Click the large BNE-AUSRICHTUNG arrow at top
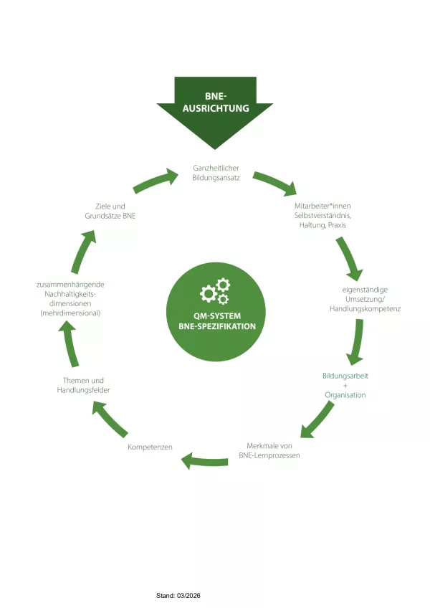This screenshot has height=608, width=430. click(214, 108)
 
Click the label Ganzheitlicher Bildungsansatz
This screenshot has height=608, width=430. click(214, 172)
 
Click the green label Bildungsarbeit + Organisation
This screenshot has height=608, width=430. click(345, 385)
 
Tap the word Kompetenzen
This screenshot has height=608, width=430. click(150, 447)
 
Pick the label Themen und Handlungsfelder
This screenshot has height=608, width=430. click(83, 385)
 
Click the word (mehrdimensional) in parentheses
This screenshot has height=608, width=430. click(70, 313)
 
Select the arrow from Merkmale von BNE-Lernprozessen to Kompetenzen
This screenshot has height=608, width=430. click(204, 460)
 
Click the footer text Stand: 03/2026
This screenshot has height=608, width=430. click(179, 595)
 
